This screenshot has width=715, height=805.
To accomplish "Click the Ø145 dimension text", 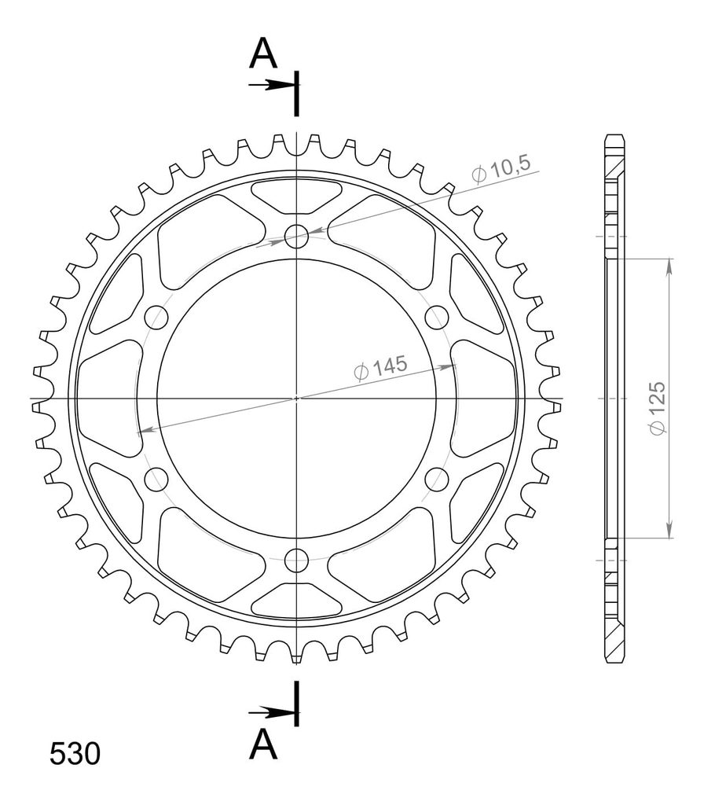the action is [380, 367].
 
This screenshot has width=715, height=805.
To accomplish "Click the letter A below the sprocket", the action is [262, 744].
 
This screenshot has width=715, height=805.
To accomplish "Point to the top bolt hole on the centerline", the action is [296, 236].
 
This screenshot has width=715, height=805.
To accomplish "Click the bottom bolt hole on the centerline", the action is [296, 560].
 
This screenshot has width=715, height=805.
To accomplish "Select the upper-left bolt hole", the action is [156, 318].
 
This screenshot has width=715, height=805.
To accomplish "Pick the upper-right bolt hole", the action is [437, 318].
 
